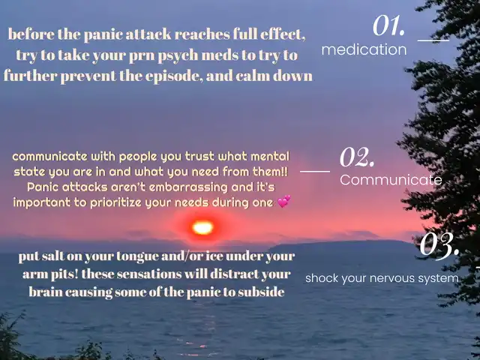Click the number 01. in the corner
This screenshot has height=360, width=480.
click(x=388, y=25)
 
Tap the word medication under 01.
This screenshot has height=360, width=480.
click(x=364, y=49)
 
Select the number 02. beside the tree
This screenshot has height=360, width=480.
click(x=357, y=157)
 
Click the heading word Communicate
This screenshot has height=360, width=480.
click(x=391, y=180)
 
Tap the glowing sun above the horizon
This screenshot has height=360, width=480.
click(x=202, y=228)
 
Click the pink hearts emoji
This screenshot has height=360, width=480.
click(x=284, y=202)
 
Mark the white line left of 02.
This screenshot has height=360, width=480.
click(x=315, y=172)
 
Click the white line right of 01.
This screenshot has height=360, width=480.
click(x=433, y=40)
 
